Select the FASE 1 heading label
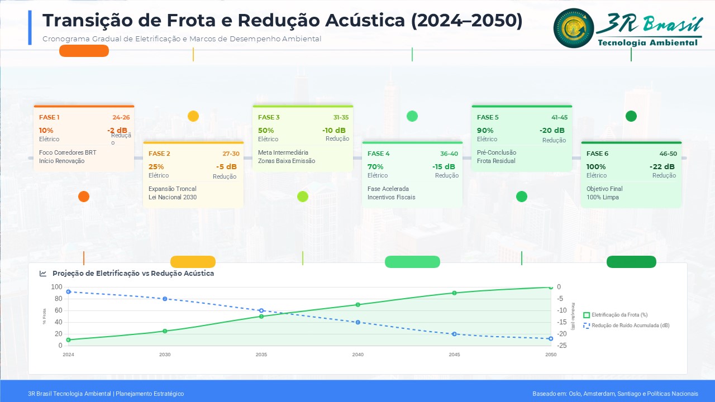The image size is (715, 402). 49,117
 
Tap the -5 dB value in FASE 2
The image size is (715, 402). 226,166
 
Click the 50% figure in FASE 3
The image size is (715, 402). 266,131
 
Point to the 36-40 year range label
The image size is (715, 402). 449,154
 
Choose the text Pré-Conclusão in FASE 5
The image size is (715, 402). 497,152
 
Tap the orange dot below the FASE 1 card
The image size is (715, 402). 84,196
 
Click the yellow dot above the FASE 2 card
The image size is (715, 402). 193,116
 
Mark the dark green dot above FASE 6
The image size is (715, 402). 631,116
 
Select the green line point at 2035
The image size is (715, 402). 261,316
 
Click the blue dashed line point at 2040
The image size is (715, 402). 358,322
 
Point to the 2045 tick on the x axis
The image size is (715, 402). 455,355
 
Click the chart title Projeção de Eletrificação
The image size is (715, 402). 133,274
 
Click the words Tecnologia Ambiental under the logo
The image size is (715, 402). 647,42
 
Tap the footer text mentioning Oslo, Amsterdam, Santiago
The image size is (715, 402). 615,394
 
